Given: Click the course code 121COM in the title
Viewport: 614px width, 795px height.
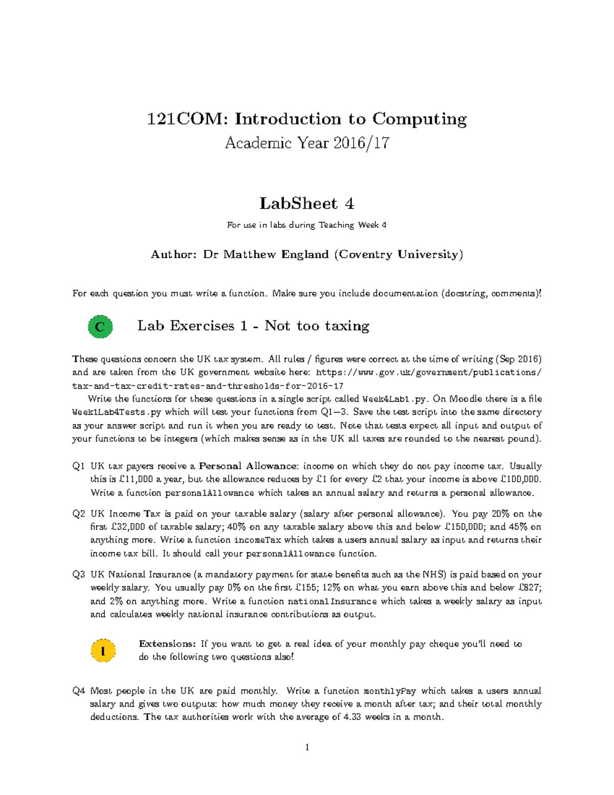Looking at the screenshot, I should point(187,119).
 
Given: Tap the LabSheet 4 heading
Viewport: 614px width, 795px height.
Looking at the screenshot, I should point(306,204).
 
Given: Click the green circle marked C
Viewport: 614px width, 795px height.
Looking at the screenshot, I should point(100,327).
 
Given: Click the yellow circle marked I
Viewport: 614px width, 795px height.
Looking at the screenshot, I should point(103,651).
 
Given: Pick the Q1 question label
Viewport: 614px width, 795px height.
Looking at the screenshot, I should point(78,466).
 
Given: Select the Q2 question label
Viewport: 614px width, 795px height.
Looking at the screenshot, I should point(78,514).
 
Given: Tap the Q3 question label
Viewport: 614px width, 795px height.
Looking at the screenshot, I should point(78,575).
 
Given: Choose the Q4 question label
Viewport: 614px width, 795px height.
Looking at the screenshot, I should point(78,691).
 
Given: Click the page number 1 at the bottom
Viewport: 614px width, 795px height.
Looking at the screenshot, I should point(307,747).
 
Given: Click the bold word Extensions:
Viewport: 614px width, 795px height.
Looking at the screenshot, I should point(167,644).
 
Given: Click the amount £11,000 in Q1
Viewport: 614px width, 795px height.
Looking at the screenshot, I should point(136,480).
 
